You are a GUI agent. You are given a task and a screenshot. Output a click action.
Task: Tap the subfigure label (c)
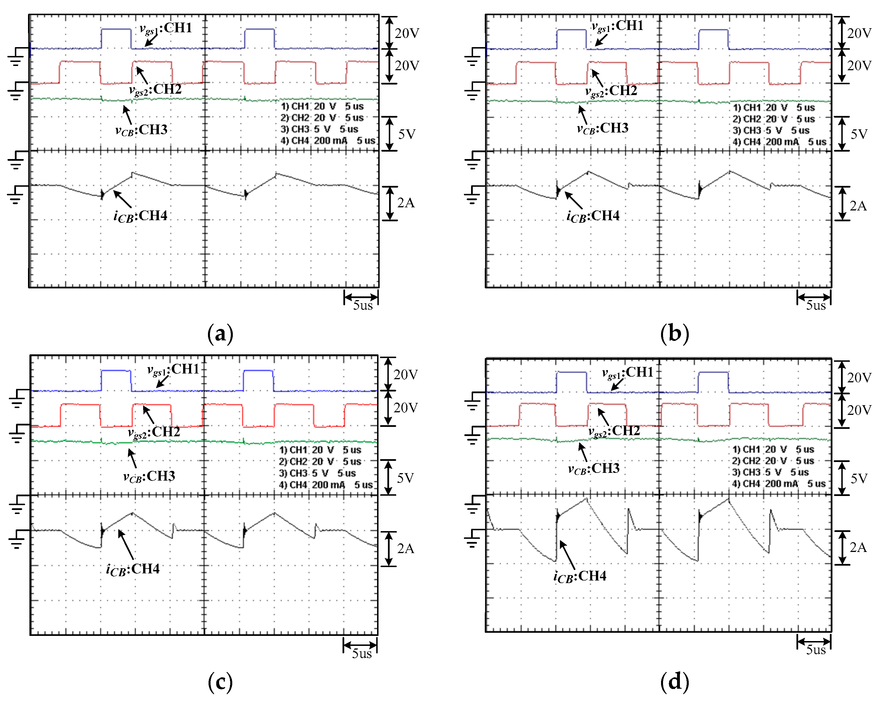pos(220,682)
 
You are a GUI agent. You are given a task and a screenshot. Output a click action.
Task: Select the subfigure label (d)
pos(674,682)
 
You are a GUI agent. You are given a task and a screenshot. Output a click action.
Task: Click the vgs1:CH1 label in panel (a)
pos(166,28)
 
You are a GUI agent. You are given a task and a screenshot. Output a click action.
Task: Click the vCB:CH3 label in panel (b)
pos(602,128)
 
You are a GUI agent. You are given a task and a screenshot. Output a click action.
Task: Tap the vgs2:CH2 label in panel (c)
pos(154,432)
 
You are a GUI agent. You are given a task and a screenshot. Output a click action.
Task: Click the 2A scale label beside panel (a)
pos(405,203)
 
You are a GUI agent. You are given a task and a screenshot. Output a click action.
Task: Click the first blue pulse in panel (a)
pos(116,29)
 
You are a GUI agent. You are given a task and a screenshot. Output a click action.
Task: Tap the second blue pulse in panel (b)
pos(713,30)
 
